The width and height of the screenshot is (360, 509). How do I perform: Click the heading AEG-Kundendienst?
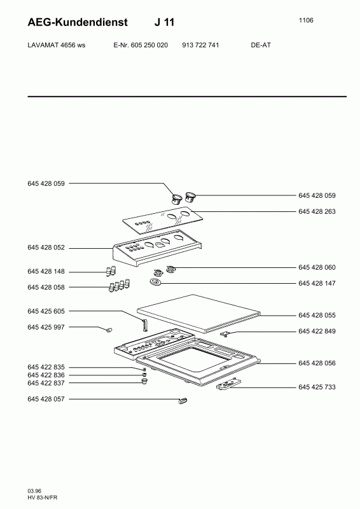coord(78,22)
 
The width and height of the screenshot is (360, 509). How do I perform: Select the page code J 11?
coord(164,22)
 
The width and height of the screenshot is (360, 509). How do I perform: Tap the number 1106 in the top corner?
coord(306,20)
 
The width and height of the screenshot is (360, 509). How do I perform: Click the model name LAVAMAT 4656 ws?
coord(57,45)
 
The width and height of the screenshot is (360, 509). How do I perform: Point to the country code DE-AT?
coord(261,45)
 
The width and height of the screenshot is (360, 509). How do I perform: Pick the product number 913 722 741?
coord(200,45)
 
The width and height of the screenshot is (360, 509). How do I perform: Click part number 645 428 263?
coord(317,211)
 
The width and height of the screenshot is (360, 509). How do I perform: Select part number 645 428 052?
coord(46,248)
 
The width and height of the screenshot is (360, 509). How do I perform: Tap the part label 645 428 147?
coord(317,283)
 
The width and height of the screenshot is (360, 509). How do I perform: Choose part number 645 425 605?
coord(46,311)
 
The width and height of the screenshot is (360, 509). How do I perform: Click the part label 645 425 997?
coord(46,327)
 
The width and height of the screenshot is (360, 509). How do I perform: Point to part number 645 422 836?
coord(46,375)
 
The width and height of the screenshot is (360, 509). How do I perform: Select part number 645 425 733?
coord(317,387)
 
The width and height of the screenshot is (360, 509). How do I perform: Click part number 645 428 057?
coord(46,399)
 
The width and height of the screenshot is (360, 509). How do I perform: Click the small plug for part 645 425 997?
coord(109,330)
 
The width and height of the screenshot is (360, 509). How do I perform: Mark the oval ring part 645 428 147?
coord(155,282)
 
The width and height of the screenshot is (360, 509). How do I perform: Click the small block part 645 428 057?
coord(183,400)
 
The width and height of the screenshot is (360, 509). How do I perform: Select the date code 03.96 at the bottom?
coord(34,491)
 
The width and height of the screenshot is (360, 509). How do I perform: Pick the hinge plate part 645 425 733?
coord(229,384)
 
